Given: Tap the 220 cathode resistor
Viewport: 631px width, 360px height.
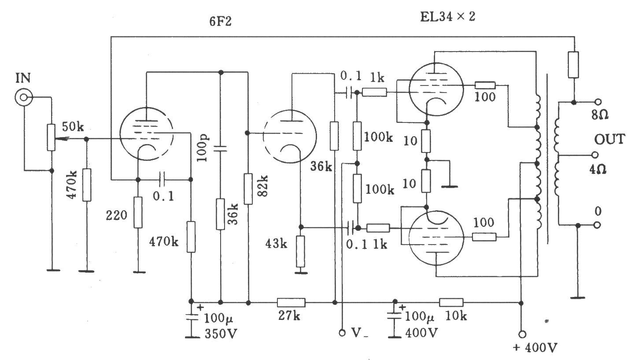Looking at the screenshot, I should coord(138,212).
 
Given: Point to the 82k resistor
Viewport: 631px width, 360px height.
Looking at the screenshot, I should coord(248,189).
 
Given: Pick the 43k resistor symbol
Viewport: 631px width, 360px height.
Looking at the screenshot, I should coord(301,251).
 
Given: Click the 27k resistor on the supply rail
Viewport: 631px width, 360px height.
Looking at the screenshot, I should coord(291,302).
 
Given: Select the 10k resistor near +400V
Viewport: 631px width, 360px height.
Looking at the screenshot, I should coord(451,302).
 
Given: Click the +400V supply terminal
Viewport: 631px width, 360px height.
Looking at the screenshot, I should coord(522,334).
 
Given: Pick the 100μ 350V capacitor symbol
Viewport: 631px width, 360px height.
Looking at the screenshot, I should coord(191,317).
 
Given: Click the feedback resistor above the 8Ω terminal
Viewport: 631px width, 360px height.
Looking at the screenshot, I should coord(573,65).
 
